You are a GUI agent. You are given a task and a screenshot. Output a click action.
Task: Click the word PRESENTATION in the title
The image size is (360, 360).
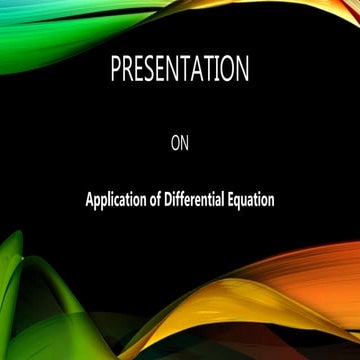(x=180, y=73)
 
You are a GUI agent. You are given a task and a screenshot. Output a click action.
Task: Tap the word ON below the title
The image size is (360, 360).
(x=180, y=142)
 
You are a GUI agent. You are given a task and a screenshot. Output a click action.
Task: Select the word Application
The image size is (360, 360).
(x=117, y=199)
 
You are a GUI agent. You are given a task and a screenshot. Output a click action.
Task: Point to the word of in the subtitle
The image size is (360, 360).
(x=160, y=198)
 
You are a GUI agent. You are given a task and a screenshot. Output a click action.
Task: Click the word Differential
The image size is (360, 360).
(x=200, y=198)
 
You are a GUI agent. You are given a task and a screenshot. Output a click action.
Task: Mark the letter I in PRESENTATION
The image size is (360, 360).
(x=217, y=73)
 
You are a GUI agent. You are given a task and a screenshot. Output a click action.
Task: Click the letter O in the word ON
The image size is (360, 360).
(x=176, y=142)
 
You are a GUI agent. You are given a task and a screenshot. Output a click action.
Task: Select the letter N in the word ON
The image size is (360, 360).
(x=185, y=142)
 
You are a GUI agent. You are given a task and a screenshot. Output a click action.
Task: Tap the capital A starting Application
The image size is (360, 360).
(x=89, y=198)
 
